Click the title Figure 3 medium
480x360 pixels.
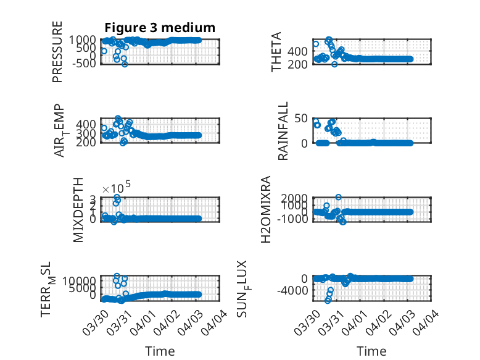coord(160,28)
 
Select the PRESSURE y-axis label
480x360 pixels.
coord(57,52)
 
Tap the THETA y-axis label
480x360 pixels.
coord(277,52)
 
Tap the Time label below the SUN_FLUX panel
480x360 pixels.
coord(371,351)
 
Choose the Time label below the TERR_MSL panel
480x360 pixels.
coord(160,351)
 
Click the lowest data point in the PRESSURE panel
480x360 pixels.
coord(125,64)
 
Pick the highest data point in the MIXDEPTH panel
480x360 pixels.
coord(117,198)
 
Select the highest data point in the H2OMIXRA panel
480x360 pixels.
coord(338,197)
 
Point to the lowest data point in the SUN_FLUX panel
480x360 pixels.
coord(328,300)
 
